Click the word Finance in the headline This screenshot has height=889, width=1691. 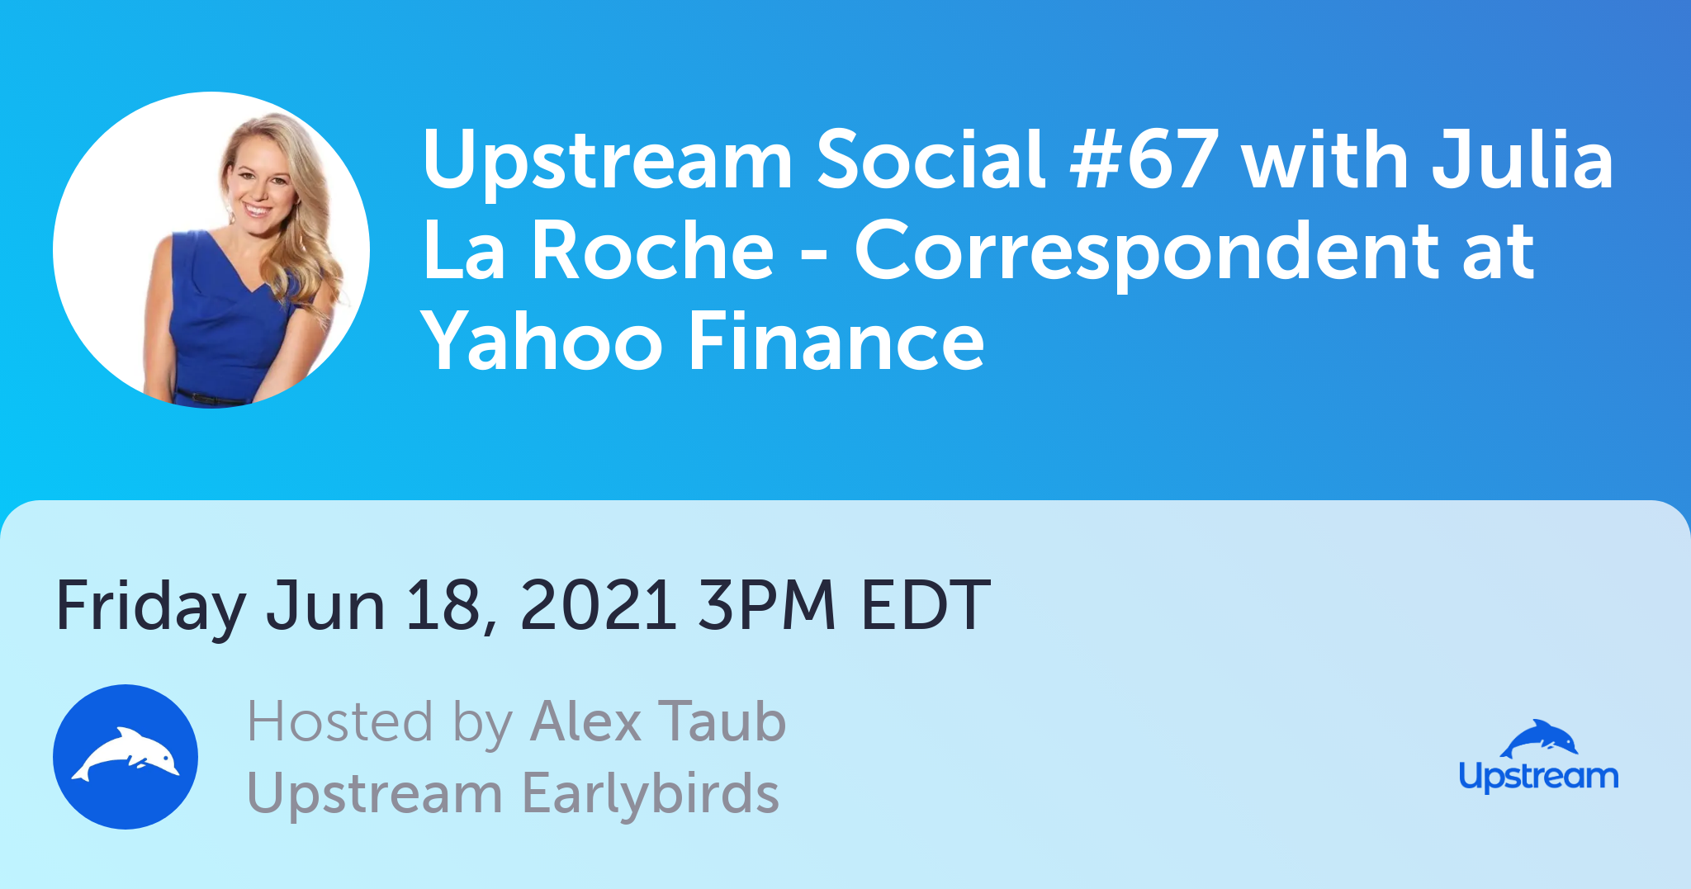point(836,341)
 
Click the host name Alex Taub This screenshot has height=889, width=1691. point(658,721)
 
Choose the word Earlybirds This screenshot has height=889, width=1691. point(651,792)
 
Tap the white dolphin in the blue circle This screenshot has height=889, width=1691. point(126,754)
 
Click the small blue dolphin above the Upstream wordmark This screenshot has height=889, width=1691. point(1539,738)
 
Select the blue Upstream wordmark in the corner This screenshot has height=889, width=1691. point(1539,777)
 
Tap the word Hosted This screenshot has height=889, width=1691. point(340,721)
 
